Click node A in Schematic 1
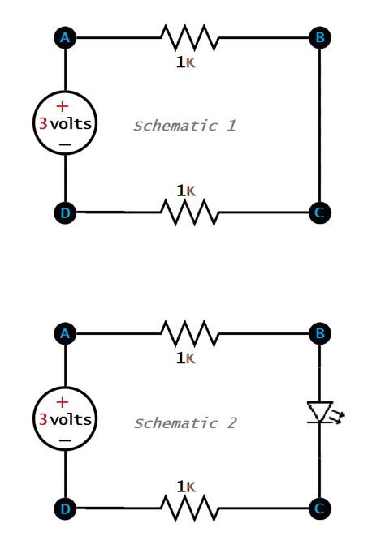65,37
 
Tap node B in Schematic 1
320,37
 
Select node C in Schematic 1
320,212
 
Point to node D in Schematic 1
65,212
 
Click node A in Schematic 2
65,333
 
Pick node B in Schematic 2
320,333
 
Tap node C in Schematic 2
320,508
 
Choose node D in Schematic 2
65,508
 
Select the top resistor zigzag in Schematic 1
189,37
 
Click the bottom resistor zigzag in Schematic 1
189,212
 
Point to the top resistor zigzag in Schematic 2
189,333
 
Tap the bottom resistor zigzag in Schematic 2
189,508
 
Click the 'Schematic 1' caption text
184,126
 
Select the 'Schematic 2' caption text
184,423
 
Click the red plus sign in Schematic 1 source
62,106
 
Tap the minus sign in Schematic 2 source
65,442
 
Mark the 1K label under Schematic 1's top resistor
185,62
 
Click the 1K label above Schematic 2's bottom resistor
185,487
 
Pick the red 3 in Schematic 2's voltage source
43,420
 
